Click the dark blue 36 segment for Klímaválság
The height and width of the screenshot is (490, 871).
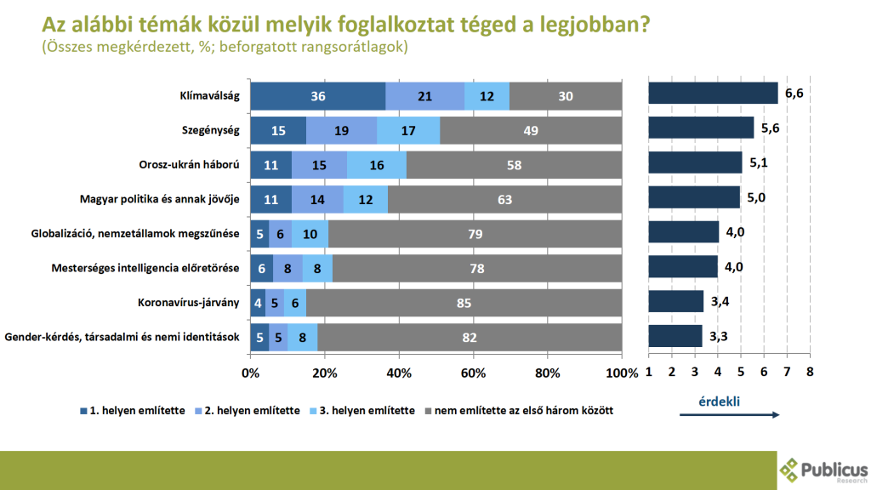click(318, 96)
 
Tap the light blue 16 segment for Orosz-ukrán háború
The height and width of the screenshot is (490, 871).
click(377, 165)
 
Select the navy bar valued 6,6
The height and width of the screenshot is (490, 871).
click(713, 93)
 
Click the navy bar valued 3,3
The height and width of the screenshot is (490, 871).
click(675, 335)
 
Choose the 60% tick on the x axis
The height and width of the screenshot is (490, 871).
click(473, 373)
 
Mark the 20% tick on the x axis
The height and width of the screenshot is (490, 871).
click(324, 373)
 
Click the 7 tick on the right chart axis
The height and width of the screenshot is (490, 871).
click(787, 372)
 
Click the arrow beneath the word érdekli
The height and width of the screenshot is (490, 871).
click(728, 414)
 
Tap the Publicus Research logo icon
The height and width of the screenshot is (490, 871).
click(790, 469)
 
